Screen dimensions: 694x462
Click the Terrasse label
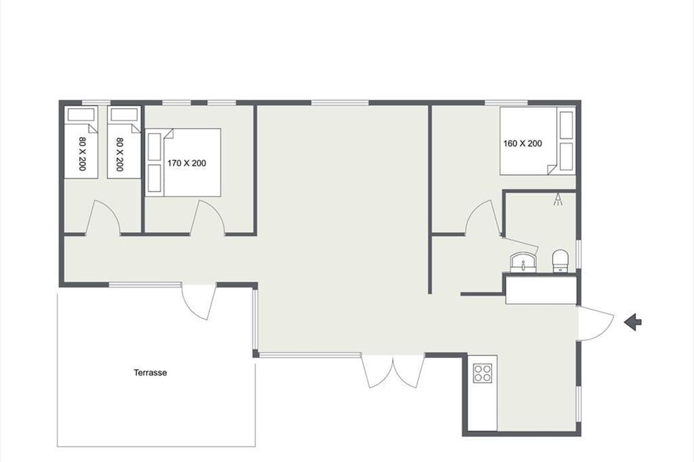pyautogui.click(x=150, y=372)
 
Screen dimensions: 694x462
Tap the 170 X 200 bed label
pyautogui.click(x=187, y=163)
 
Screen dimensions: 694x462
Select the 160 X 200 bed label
pyautogui.click(x=523, y=144)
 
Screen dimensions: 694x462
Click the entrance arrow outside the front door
pyautogui.click(x=633, y=322)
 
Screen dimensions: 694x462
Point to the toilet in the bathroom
pyautogui.click(x=560, y=261)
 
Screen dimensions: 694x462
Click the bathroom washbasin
pyautogui.click(x=523, y=262)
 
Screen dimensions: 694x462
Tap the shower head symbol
pyautogui.click(x=558, y=199)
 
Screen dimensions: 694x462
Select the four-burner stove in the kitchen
pyautogui.click(x=482, y=373)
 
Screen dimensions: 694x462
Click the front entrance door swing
pyautogui.click(x=596, y=323)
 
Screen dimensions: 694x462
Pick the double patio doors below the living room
pyautogui.click(x=393, y=371)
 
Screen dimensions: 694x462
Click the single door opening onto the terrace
pyautogui.click(x=199, y=301)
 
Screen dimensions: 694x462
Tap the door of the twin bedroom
pyautogui.click(x=102, y=218)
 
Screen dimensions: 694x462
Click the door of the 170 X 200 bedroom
pyautogui.click(x=207, y=218)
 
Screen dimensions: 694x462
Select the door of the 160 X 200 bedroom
pyautogui.click(x=483, y=218)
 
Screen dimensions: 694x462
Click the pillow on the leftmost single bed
pyautogui.click(x=81, y=114)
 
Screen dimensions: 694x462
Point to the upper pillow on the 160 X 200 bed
pyautogui.click(x=566, y=125)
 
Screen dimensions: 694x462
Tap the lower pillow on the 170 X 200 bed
pyautogui.click(x=154, y=178)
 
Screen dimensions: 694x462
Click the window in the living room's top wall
pyautogui.click(x=340, y=103)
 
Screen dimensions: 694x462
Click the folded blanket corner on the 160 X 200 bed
pyautogui.click(x=552, y=170)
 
